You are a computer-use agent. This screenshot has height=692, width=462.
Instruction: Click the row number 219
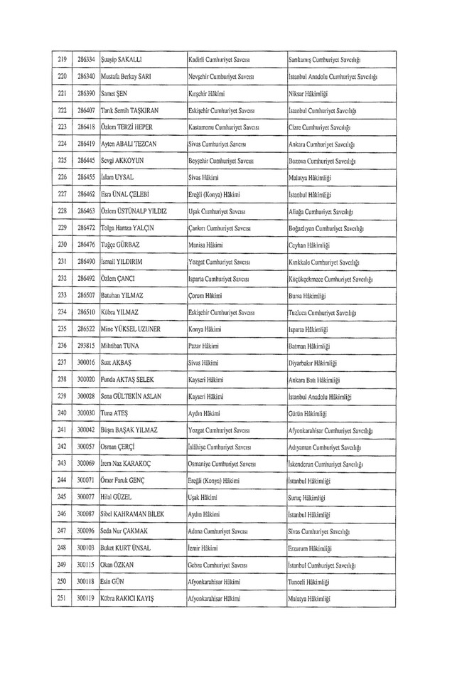pyautogui.click(x=61, y=56)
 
